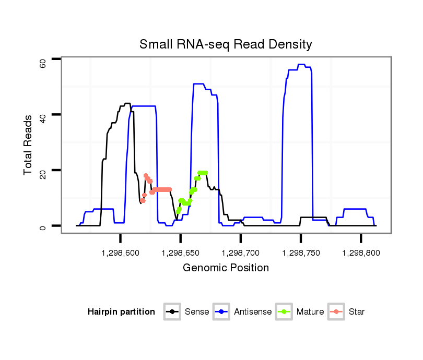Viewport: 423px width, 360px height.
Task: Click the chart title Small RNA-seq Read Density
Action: pos(226,44)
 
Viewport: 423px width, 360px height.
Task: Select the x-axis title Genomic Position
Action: pos(226,268)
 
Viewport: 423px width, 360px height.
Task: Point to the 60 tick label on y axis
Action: pos(43,63)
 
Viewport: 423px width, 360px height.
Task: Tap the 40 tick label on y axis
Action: pos(43,118)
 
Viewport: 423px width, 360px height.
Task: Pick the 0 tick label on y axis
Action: pos(43,227)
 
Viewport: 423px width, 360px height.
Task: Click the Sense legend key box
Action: pos(172,312)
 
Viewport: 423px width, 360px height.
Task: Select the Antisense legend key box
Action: pos(221,312)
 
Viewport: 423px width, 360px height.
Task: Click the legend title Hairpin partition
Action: pos(121,312)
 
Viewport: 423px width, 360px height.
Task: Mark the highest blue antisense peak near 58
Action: pos(301,65)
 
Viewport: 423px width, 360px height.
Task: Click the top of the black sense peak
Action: pos(127,103)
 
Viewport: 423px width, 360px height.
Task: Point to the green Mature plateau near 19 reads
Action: pos(203,173)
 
